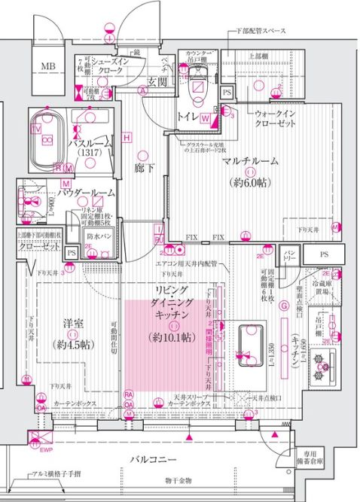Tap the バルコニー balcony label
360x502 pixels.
tap(153, 458)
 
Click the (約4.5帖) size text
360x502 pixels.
tap(72, 345)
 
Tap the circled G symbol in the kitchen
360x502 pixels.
tap(284, 306)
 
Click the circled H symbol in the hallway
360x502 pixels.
tap(127, 138)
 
